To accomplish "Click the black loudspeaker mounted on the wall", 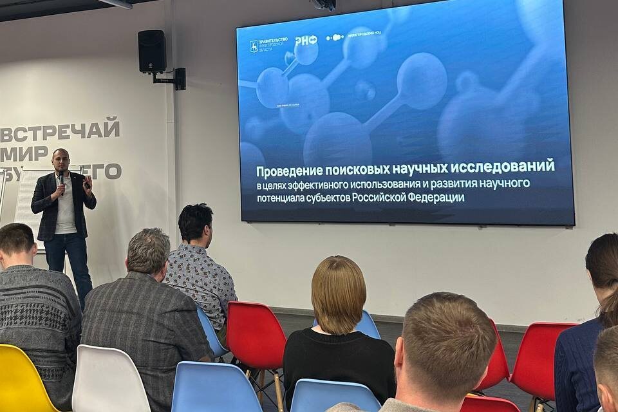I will point(152,51).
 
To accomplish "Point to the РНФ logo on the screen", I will point(306,41).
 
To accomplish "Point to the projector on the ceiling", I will point(323,5).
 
